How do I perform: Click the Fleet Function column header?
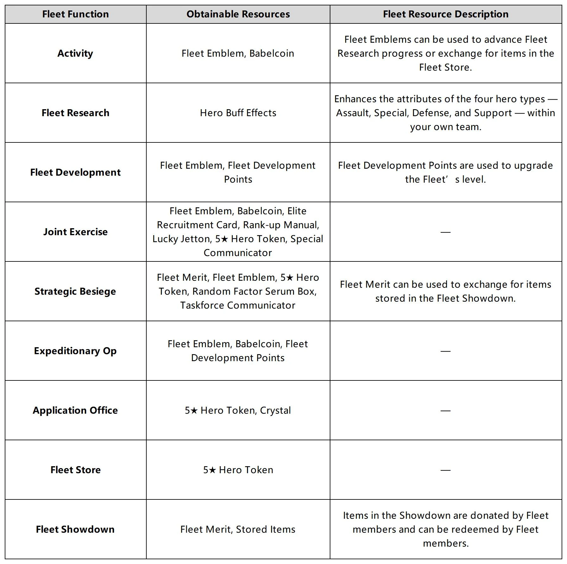click(x=75, y=14)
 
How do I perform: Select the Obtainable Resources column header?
click(x=238, y=14)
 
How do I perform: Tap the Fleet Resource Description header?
click(x=445, y=14)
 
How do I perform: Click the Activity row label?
click(x=75, y=53)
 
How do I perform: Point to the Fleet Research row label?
click(x=75, y=113)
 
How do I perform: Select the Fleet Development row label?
click(x=75, y=172)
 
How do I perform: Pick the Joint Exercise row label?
click(x=75, y=232)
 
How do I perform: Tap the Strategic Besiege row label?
click(x=75, y=291)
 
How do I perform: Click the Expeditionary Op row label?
click(x=75, y=351)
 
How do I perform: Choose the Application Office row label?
click(x=75, y=410)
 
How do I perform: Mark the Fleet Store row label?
click(x=75, y=470)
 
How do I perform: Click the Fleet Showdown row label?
click(x=75, y=529)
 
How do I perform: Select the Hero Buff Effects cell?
click(x=238, y=113)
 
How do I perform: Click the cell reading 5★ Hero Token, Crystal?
click(x=238, y=410)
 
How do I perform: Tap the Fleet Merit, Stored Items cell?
click(x=238, y=529)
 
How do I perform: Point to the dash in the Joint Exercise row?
click(x=445, y=232)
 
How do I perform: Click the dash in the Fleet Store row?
click(x=445, y=470)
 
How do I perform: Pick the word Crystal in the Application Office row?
click(x=275, y=410)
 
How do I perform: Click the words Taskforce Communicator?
click(x=238, y=305)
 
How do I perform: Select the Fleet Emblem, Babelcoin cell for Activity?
click(x=238, y=53)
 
